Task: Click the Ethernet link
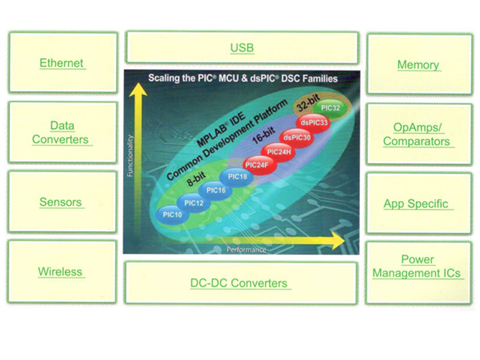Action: point(61,63)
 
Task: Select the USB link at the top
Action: point(242,48)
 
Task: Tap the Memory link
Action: point(418,65)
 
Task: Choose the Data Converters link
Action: point(61,133)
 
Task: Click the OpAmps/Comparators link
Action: point(417,135)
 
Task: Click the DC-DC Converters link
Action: point(238,283)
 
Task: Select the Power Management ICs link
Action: point(416,267)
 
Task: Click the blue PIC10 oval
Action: point(171,214)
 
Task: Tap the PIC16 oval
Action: point(216,190)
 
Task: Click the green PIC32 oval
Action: point(331,108)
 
